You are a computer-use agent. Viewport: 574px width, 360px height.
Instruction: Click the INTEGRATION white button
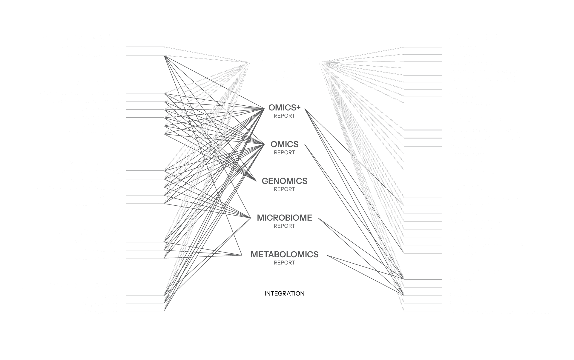[283, 293]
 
